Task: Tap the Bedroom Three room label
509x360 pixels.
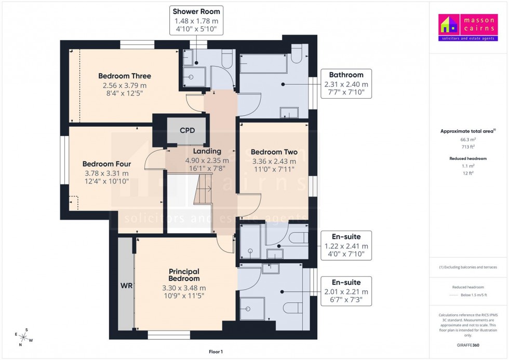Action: click(125, 76)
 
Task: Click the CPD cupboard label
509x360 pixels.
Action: click(187, 130)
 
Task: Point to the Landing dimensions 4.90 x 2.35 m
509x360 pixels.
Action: click(207, 161)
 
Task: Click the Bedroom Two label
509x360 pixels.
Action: click(274, 152)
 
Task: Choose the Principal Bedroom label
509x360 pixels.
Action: click(184, 275)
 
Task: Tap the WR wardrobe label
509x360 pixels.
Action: click(126, 286)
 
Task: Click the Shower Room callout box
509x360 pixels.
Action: click(196, 21)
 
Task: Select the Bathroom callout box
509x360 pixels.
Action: click(346, 83)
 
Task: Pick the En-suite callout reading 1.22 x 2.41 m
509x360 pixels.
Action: click(346, 245)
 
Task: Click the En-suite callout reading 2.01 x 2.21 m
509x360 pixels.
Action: click(346, 291)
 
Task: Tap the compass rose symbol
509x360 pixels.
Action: click(23, 338)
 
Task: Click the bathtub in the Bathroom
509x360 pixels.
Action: click(264, 64)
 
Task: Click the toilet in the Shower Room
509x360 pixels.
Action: click(227, 59)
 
